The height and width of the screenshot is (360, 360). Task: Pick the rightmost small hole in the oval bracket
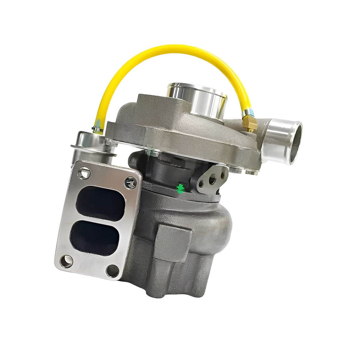[x=223, y=175]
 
